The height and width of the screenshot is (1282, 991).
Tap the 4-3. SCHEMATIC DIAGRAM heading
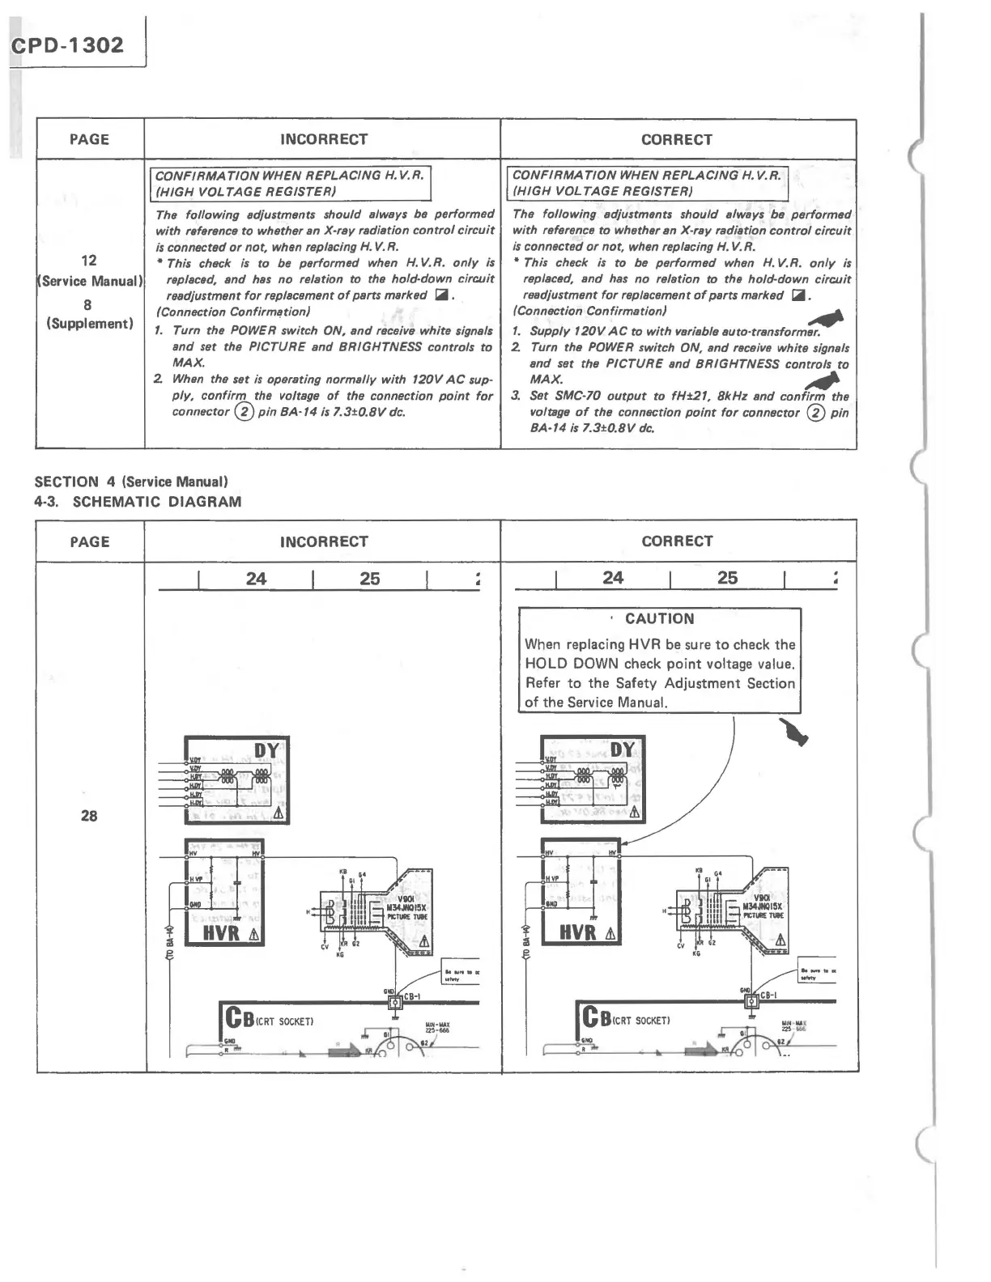(138, 502)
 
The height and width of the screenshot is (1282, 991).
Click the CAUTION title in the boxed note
(659, 619)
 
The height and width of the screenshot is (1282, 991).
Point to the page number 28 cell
(89, 816)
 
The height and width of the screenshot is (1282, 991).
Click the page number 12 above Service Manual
(89, 261)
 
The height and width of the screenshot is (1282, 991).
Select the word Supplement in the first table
(89, 324)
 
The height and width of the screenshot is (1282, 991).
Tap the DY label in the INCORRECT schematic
(266, 751)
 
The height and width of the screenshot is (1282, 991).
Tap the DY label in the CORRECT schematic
(622, 750)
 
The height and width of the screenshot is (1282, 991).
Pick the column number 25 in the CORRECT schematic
(727, 578)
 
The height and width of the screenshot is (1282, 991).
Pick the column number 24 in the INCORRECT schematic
(256, 579)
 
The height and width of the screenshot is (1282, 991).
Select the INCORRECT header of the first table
(324, 139)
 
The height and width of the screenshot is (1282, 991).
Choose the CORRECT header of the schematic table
(678, 541)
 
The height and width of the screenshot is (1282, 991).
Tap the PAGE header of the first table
(89, 139)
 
